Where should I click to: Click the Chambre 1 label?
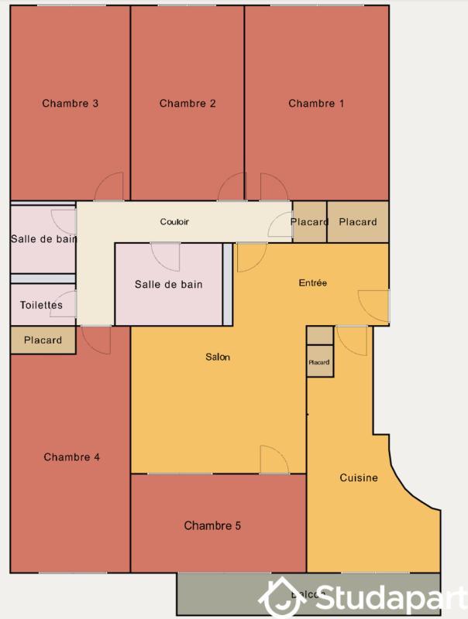[316, 104]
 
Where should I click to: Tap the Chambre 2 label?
[188, 104]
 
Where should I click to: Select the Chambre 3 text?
[70, 104]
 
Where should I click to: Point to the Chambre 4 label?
[71, 457]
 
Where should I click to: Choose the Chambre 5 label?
[212, 526]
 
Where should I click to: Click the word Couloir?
[174, 222]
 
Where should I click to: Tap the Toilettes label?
[41, 306]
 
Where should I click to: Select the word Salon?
[218, 357]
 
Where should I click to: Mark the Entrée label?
[313, 283]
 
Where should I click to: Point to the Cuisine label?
[359, 478]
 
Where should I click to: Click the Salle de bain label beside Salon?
[168, 285]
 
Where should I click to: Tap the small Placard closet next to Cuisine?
[319, 362]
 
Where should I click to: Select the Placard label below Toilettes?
[43, 340]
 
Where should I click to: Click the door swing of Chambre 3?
[110, 186]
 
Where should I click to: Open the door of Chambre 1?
[273, 186]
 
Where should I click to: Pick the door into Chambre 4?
[95, 338]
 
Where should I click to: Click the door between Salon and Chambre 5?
[274, 460]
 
